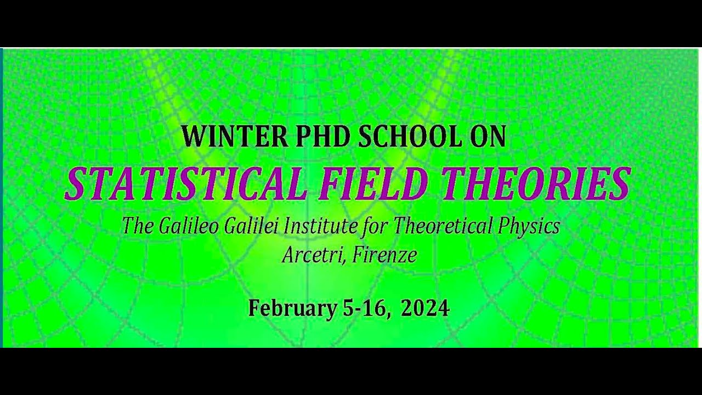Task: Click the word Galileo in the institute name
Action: pos(189,226)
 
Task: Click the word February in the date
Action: pos(291,308)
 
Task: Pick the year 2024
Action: pos(425,308)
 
